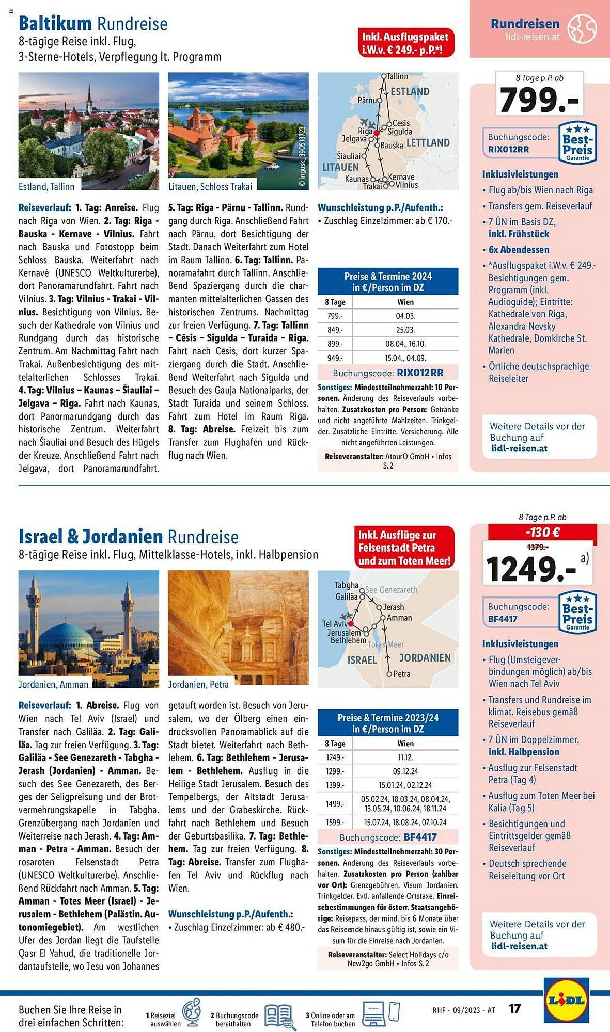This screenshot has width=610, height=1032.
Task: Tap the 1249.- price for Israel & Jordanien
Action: (530, 569)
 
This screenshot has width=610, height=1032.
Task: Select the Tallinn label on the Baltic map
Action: (397, 76)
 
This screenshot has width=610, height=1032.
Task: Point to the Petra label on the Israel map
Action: (401, 674)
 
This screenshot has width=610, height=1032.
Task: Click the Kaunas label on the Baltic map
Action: (356, 179)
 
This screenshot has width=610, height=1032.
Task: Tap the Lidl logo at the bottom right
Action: (566, 1000)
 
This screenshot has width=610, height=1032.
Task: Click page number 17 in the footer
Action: (514, 1008)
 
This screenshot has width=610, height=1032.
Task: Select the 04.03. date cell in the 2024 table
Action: (405, 316)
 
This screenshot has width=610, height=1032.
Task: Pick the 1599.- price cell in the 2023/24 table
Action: (334, 823)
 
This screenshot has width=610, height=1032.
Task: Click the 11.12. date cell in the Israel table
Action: (405, 757)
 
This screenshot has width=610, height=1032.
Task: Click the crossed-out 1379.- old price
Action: (537, 547)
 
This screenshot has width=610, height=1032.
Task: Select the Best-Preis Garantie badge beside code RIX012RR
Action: (577, 143)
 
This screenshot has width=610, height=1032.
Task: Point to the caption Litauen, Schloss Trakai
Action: (210, 187)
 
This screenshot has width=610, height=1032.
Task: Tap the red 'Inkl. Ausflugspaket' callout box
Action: (405, 43)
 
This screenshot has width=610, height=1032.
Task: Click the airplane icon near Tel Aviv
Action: (346, 616)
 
